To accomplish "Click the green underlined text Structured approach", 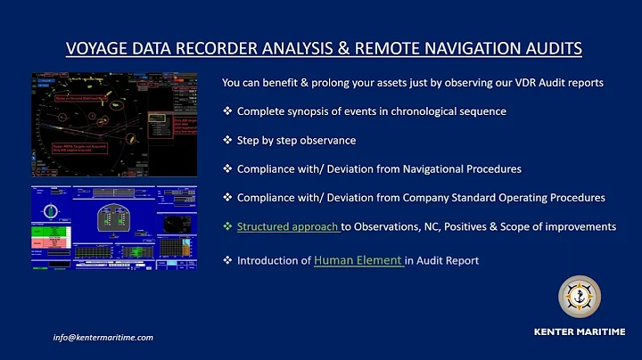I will pos(287,227).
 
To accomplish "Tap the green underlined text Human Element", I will pos(358,260).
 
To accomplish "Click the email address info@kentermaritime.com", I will pos(103,338).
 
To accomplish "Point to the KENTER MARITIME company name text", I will pos(579,331).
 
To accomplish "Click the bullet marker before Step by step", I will pos(228,140).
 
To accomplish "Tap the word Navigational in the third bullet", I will pos(457,168).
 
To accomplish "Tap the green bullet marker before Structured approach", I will pos(228,227).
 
